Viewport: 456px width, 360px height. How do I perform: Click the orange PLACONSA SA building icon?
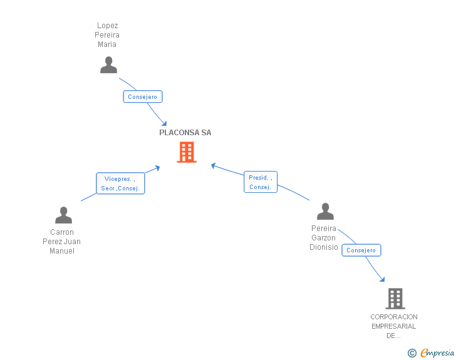point(187,152)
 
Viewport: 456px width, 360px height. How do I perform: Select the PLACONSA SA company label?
point(185,133)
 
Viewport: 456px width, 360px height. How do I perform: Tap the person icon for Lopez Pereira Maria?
point(108,65)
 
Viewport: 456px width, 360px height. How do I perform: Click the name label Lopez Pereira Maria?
point(108,35)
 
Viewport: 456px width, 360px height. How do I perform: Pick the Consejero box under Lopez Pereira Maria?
point(143,96)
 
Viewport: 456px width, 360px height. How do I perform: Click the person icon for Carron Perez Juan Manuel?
point(63,215)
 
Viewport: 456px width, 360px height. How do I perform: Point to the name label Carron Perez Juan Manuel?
point(61,242)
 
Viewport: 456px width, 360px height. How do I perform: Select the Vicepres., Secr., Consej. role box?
point(120,183)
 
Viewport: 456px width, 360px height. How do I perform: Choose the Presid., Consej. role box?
point(260,182)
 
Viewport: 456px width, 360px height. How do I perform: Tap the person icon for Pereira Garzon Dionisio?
point(324,212)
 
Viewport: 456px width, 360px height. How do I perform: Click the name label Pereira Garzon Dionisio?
point(323,238)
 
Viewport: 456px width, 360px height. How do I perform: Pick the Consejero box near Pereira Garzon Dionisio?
point(361,250)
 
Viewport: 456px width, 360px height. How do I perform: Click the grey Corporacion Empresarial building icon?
point(395,299)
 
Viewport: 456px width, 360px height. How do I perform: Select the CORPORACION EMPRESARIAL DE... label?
point(393,326)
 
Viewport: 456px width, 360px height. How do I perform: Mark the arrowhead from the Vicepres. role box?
point(157,168)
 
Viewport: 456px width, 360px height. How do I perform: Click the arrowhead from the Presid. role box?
point(214,165)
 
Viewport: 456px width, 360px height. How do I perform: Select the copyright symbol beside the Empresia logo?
point(412,353)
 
